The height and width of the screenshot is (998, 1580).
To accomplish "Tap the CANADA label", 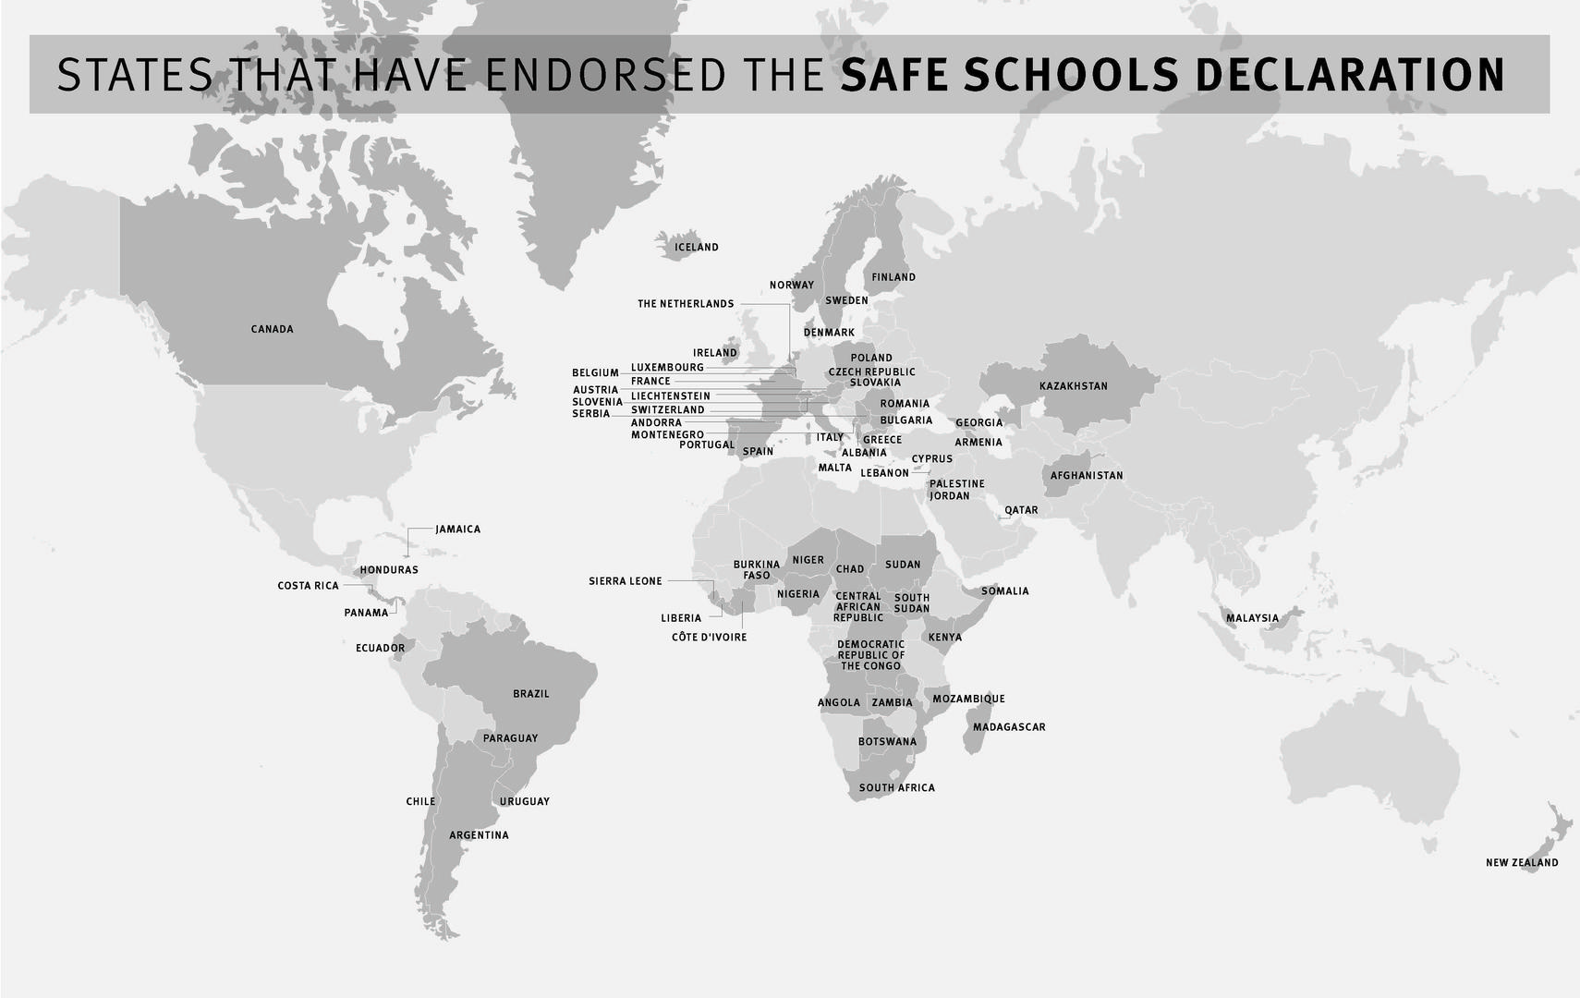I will point(272,329).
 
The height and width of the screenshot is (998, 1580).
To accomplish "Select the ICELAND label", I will point(696,248).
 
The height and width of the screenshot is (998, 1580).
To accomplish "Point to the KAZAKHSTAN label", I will point(1073,386).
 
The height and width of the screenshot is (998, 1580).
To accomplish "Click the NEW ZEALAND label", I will point(1521,863).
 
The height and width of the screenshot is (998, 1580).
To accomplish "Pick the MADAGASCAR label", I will point(1009,727).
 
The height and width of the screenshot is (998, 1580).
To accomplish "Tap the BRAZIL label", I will point(530,694).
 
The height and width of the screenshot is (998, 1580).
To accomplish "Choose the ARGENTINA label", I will point(479,835).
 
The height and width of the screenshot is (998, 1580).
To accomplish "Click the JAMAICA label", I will point(457,529).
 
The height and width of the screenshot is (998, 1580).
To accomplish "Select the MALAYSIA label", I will point(1252,618).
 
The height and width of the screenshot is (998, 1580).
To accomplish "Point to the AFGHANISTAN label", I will point(1087,476).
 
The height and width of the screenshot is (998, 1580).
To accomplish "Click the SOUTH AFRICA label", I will point(896,788).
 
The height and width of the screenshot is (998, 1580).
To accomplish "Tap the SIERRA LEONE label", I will point(626,581).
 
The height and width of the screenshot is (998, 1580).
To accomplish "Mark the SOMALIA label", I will point(1004,591).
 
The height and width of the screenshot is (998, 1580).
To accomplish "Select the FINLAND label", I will point(893,277).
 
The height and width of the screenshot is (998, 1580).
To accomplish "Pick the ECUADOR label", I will point(380,649).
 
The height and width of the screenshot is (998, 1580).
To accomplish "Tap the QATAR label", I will point(1021,510).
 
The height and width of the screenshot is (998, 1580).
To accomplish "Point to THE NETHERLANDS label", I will point(686,304).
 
